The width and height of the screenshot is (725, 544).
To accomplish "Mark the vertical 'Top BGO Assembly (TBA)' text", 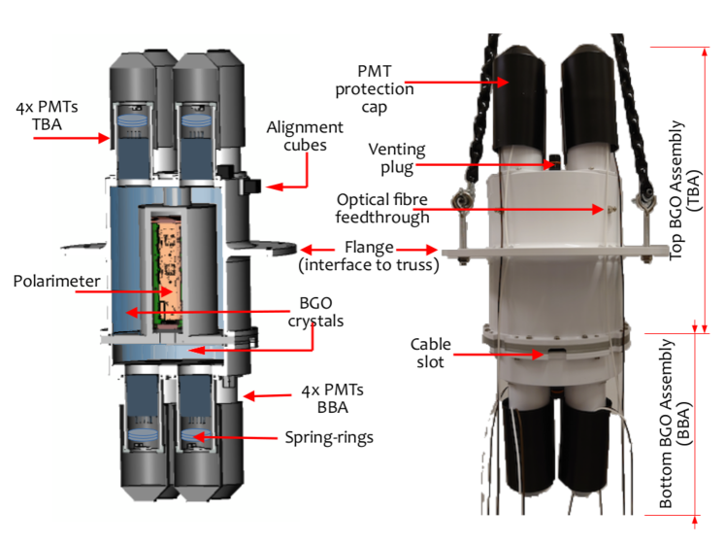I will pos(683,189).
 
